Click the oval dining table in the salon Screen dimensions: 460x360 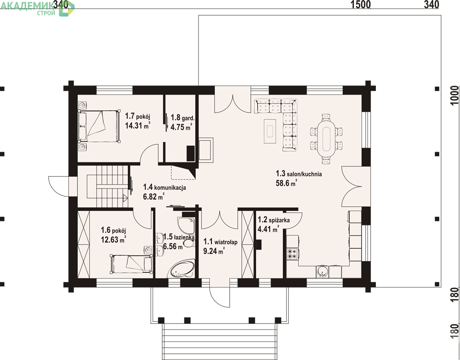tap(326, 139)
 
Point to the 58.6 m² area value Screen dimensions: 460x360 tap(286, 183)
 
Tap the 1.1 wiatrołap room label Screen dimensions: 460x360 tap(220, 242)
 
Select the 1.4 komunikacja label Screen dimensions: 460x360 tap(164, 187)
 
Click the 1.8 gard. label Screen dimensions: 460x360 tap(183, 118)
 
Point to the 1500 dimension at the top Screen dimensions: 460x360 tap(361, 4)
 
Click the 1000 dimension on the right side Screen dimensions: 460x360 tap(454, 95)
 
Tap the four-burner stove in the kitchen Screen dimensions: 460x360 tap(292, 253)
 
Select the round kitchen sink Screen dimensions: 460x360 tap(322, 272)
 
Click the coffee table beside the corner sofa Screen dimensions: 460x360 tap(270, 131)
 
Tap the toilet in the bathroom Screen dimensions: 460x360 tap(188, 243)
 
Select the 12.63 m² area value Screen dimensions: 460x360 tap(113, 239)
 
